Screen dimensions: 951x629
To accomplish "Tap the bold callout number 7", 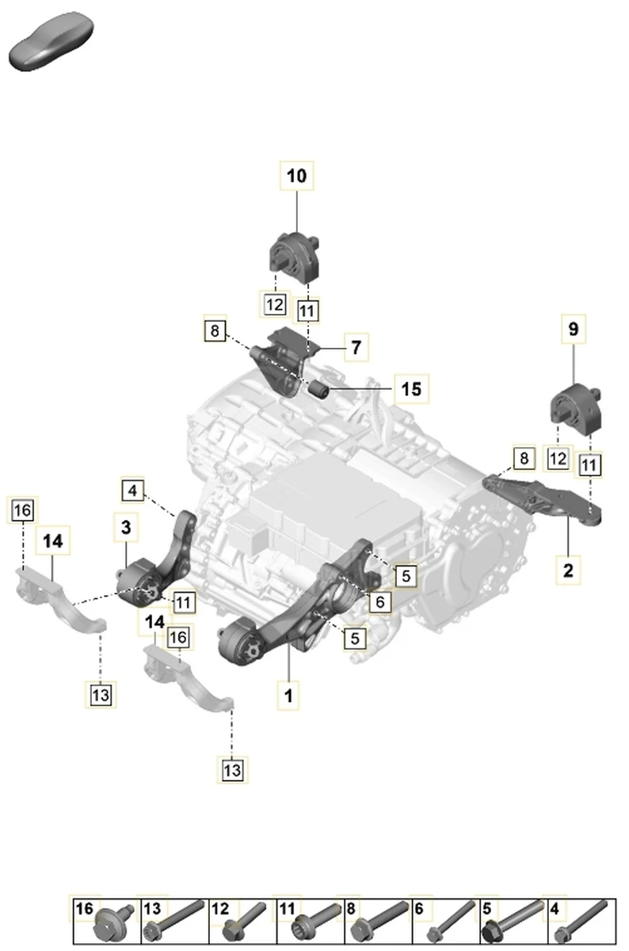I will (356, 346).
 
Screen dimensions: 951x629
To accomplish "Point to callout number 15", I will (411, 389).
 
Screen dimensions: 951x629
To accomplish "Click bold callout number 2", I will (568, 568).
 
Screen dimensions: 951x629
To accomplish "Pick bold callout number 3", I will (126, 525).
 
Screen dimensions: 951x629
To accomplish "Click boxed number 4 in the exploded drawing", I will (133, 491).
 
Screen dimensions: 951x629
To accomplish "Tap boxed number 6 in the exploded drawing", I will (379, 602).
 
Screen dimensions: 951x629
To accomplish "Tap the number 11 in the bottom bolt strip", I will (287, 910).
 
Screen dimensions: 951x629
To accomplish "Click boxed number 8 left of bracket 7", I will (214, 330).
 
